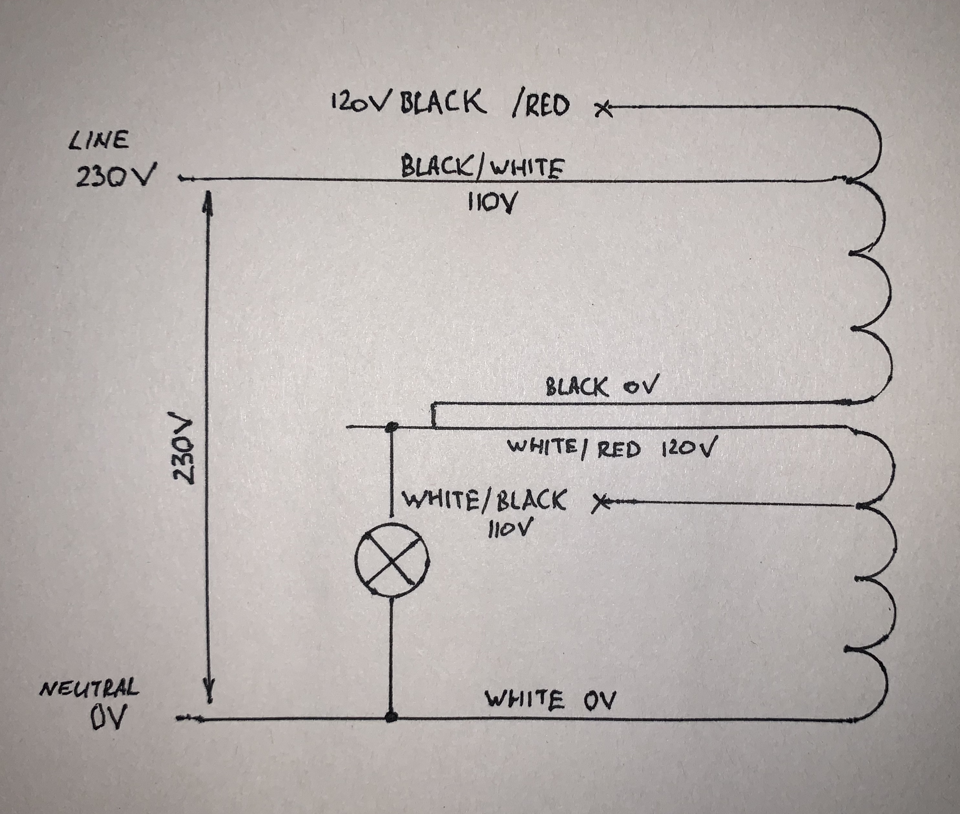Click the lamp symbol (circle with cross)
coord(391,560)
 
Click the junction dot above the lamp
coord(392,427)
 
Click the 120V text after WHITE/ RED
coord(689,449)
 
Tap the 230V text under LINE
coord(115,176)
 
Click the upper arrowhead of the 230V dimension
coord(209,199)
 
